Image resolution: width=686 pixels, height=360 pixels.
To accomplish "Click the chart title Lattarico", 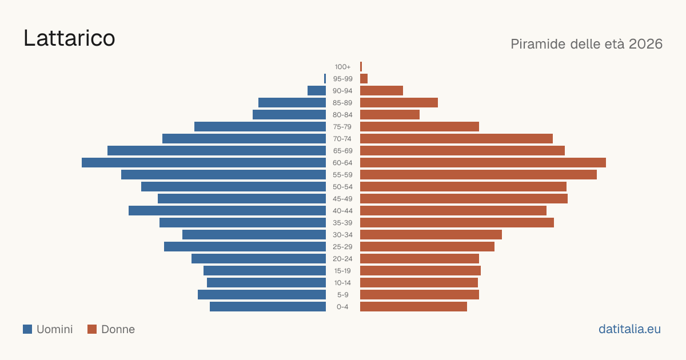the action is pos(69,38).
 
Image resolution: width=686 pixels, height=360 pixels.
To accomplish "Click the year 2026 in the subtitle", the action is pos(645,44).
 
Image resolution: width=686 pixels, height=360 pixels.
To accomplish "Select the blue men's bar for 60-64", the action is pos(204,162).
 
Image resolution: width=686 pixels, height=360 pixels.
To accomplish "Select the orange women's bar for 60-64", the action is pos(483,162).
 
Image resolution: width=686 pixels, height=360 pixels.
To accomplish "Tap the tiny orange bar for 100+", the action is pos(361,67).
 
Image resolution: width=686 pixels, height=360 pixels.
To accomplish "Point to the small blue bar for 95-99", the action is pos(325,79).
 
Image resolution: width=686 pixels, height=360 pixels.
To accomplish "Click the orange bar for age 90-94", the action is pos(382,91).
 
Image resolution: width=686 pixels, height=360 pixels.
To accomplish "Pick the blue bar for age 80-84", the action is pos(289,115).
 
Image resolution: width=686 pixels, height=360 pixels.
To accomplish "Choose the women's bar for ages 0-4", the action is pos(413,307).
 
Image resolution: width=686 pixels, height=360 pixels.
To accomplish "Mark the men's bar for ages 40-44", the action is pos(228,211).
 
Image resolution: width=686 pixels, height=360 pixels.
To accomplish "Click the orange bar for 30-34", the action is pos(431,235).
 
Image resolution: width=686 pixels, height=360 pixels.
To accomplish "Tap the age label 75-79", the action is pos(342,127).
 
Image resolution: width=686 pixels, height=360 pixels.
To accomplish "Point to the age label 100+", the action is pos(342,67).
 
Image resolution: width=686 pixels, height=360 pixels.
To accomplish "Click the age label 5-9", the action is pos(342,295).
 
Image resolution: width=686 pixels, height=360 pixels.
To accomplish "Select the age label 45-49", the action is pos(342,199).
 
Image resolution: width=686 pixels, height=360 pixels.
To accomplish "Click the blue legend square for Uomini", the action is pos(27,329).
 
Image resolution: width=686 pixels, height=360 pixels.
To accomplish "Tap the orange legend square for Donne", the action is pos(92,329).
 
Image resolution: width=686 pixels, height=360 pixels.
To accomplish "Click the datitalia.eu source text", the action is pos(629,329).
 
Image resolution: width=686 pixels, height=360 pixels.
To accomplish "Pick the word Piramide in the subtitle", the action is pos(538,45).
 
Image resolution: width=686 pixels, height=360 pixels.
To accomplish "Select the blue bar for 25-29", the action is pos(245,247).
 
